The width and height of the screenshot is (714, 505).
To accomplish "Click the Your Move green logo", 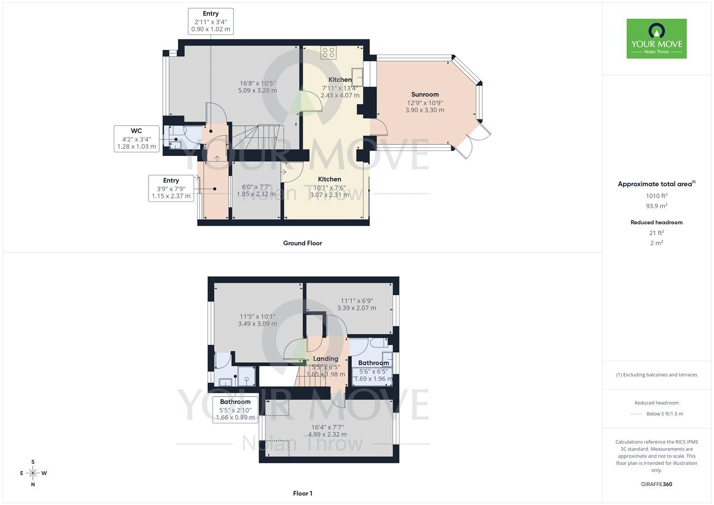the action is click(656, 38).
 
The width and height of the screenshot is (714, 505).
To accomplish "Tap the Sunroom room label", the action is click(425, 94).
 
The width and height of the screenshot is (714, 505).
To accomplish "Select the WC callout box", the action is click(137, 139).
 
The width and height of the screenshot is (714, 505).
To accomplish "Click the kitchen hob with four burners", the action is click(328, 53).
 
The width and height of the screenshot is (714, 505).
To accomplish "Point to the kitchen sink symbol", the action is click(357, 77).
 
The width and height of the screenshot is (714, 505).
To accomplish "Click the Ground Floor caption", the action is click(303, 243).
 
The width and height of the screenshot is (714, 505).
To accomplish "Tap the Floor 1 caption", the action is click(303, 493).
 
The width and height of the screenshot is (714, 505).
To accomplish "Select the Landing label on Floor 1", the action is click(325, 359).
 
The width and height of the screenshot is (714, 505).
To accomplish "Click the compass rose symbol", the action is click(33, 473).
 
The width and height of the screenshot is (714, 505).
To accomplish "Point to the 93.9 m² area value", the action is click(656, 206).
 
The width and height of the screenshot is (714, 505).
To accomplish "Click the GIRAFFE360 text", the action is click(656, 484).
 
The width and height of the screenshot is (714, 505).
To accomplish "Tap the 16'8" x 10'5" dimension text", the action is click(257, 83).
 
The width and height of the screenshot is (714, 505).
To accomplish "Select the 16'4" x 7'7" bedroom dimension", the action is click(328, 427).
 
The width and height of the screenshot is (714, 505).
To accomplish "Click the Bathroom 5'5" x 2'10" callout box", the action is click(235, 409).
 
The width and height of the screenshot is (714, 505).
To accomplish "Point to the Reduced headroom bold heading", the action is click(656, 222).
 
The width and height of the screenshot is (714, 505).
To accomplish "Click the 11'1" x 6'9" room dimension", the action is click(357, 301).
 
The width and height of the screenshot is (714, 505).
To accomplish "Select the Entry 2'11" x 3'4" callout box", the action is click(211, 21).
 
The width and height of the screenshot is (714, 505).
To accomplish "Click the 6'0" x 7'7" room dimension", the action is click(256, 187).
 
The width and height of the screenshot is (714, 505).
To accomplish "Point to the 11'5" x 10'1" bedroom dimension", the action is click(257, 317).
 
